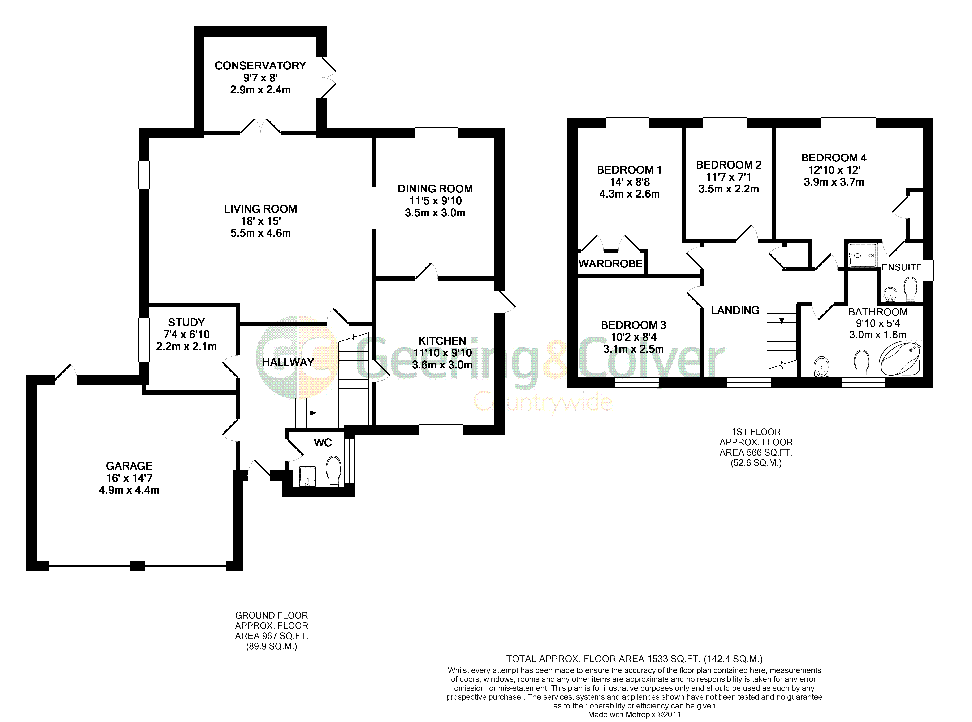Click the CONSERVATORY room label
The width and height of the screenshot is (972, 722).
click(260, 66)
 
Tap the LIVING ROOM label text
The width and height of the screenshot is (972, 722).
click(261, 209)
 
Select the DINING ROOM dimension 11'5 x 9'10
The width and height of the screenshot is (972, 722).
click(435, 201)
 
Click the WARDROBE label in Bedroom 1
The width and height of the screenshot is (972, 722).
click(610, 263)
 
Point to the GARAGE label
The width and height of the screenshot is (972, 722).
click(129, 466)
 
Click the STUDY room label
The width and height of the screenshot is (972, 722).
click(186, 323)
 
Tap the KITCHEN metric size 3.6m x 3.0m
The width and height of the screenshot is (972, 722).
click(442, 364)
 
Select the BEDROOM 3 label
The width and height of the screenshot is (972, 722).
click(633, 325)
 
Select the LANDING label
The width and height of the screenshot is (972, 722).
click(735, 310)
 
